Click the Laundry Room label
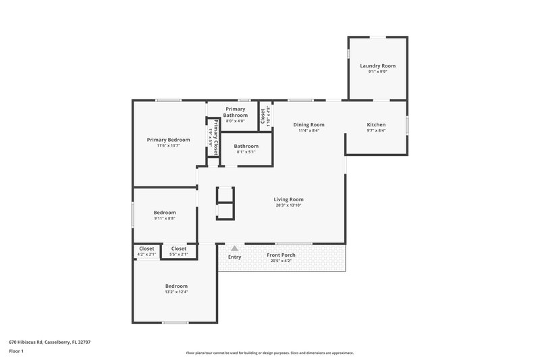coord(377,66)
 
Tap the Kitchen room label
coord(376,125)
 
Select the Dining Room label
coord(308,125)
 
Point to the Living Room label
coord(288,199)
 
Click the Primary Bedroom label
coord(168,140)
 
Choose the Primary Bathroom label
coord(236,112)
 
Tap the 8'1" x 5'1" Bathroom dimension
coord(246,153)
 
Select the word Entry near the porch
coord(234,257)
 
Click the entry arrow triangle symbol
coord(234,249)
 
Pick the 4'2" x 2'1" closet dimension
coord(146,255)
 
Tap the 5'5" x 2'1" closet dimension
coord(179,255)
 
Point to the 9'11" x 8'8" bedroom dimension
coord(165,218)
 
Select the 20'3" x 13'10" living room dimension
coord(288,205)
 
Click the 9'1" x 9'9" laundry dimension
coord(377,72)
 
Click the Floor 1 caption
coord(16,351)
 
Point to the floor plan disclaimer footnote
coord(269,353)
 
